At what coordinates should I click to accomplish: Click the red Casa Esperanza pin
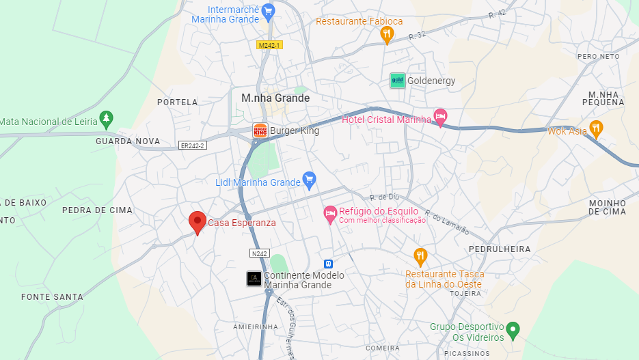(198, 221)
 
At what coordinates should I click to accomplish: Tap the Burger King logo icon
(260, 130)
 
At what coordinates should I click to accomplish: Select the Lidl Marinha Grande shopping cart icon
(309, 181)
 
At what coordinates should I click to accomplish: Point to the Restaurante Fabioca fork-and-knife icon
(387, 34)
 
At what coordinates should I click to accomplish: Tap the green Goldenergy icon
(397, 81)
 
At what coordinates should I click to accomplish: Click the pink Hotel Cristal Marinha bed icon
(441, 117)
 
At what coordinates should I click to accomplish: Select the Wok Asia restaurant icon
(596, 128)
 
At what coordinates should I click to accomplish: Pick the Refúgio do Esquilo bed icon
(330, 214)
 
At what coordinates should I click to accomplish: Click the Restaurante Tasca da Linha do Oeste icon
(420, 257)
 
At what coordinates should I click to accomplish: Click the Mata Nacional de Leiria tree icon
(105, 120)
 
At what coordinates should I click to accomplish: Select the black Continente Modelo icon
(254, 279)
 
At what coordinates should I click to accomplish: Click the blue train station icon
(328, 264)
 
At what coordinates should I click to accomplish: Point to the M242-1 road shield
(269, 45)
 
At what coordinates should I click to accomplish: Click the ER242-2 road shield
(192, 146)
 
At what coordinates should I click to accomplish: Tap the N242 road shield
(259, 253)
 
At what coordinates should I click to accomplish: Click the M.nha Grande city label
(275, 98)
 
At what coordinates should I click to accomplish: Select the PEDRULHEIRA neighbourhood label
(500, 249)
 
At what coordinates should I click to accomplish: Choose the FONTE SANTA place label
(52, 297)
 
